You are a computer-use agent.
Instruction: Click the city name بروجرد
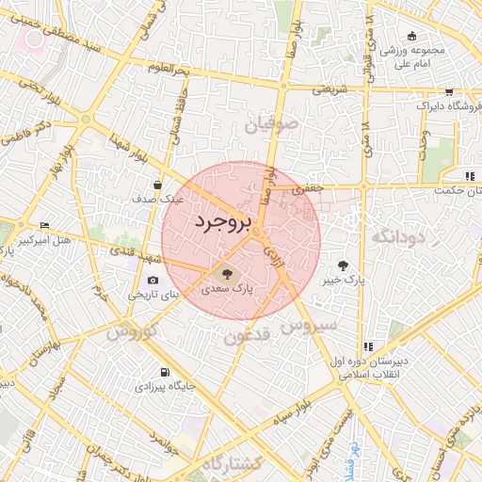223,222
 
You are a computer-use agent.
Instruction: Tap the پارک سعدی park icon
225,274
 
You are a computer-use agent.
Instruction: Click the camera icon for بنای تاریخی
153,280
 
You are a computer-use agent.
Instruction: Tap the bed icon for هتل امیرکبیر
45,226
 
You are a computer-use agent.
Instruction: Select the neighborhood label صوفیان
272,122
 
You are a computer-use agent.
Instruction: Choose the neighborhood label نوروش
128,333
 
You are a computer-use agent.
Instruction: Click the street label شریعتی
329,88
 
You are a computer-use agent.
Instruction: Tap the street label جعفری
307,188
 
